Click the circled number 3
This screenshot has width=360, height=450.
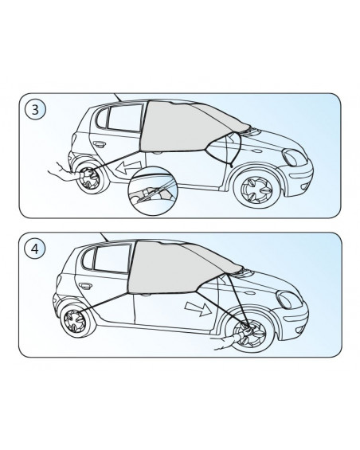[x=35, y=110]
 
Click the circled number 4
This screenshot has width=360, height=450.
[x=35, y=248]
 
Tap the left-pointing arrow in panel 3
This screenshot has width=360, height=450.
[x=128, y=166]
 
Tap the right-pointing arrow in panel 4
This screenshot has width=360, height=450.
[x=198, y=307]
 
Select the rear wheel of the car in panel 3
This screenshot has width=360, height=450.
[x=89, y=178]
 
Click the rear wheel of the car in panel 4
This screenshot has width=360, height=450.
[x=75, y=319]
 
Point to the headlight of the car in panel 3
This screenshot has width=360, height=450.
[x=294, y=157]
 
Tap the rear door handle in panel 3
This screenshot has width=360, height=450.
[x=99, y=144]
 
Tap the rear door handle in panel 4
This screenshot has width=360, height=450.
[x=85, y=286]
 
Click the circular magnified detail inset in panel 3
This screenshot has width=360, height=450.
[x=153, y=190]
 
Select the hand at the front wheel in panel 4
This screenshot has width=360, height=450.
[x=233, y=338]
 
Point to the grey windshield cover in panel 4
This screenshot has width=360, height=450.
[x=178, y=268]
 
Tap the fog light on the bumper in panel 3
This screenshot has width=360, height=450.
[x=304, y=187]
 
